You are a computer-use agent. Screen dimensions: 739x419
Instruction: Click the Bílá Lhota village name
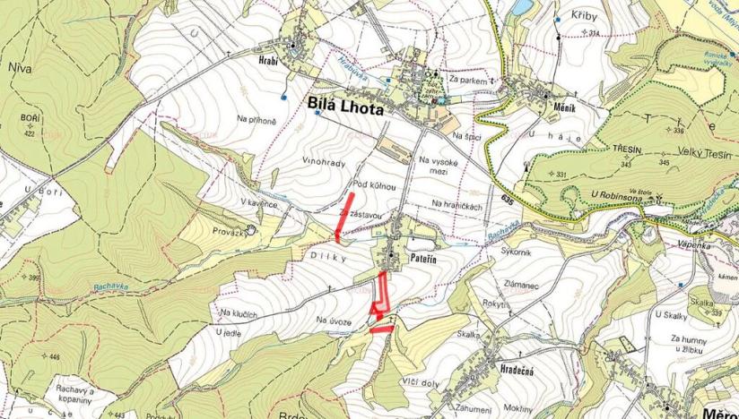tap(344, 107)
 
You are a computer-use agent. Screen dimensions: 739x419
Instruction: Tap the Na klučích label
tap(238, 314)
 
